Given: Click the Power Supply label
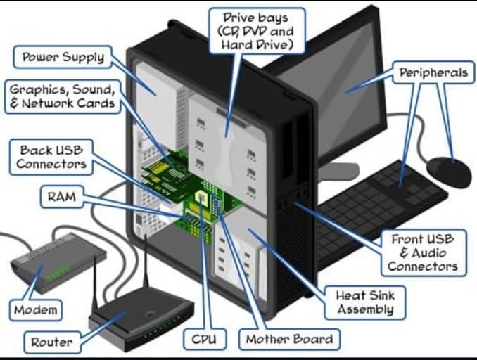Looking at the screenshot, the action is pos(63,57).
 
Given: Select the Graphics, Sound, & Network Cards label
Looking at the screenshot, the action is pos(63,96).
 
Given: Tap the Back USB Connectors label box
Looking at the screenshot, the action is pos(51,157).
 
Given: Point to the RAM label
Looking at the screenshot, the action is pos(62,197).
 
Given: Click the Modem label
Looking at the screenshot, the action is pos(36,310).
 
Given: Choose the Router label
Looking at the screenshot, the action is pos(52,342).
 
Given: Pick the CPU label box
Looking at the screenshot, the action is pos(205,339).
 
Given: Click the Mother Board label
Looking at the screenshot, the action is pos(289,339).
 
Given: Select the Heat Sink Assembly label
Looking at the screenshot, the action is pos(365,302).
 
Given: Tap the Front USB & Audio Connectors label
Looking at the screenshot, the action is pos(423,253).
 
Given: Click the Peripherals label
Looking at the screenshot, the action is pos(433,72).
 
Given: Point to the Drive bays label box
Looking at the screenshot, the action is pos(257,31).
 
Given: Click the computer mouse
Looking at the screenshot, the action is pos(448,172).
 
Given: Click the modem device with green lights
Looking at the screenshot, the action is pos(58,262).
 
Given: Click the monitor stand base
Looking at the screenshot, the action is pos(338,171).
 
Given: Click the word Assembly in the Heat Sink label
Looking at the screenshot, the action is pos(365,309).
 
